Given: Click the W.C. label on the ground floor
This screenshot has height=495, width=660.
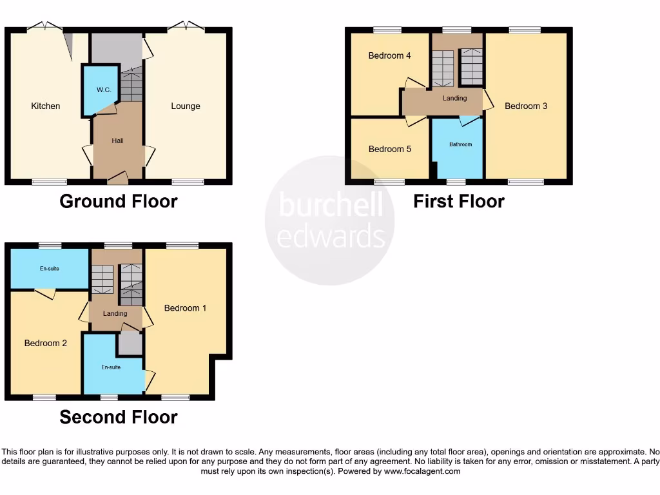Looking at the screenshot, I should coord(104,90).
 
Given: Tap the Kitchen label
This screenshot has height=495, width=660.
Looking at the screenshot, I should coord(46,106).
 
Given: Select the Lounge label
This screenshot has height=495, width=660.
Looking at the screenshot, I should coord(186,106).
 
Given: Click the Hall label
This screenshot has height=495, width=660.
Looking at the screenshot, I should coord(117,141).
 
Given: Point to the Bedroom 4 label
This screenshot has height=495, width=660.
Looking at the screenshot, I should coord(389,56).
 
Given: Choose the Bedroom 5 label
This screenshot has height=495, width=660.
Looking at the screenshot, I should coord(389,150).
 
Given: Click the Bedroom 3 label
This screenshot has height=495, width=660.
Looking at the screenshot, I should coord(526,106).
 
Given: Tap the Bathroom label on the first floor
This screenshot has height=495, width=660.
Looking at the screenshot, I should coord(461,144).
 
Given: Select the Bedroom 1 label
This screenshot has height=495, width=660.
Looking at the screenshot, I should coord(185,308).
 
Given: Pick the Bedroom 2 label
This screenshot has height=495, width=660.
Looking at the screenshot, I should coord(46,344).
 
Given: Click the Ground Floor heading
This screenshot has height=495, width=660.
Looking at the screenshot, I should coord(119,202).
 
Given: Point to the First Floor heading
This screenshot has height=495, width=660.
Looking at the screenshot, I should coord(458,202).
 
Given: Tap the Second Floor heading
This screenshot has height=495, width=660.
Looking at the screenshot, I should coord(119,418).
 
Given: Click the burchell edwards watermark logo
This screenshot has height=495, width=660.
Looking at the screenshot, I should coord(330,220).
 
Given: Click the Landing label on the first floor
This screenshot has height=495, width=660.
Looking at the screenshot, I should coord(454,99).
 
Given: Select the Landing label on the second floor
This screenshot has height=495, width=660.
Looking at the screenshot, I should coord(115,314).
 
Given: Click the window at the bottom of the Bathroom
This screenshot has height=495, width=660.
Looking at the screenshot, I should coord(456,182).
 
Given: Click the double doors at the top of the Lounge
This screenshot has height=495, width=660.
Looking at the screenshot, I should coord(186,27).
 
